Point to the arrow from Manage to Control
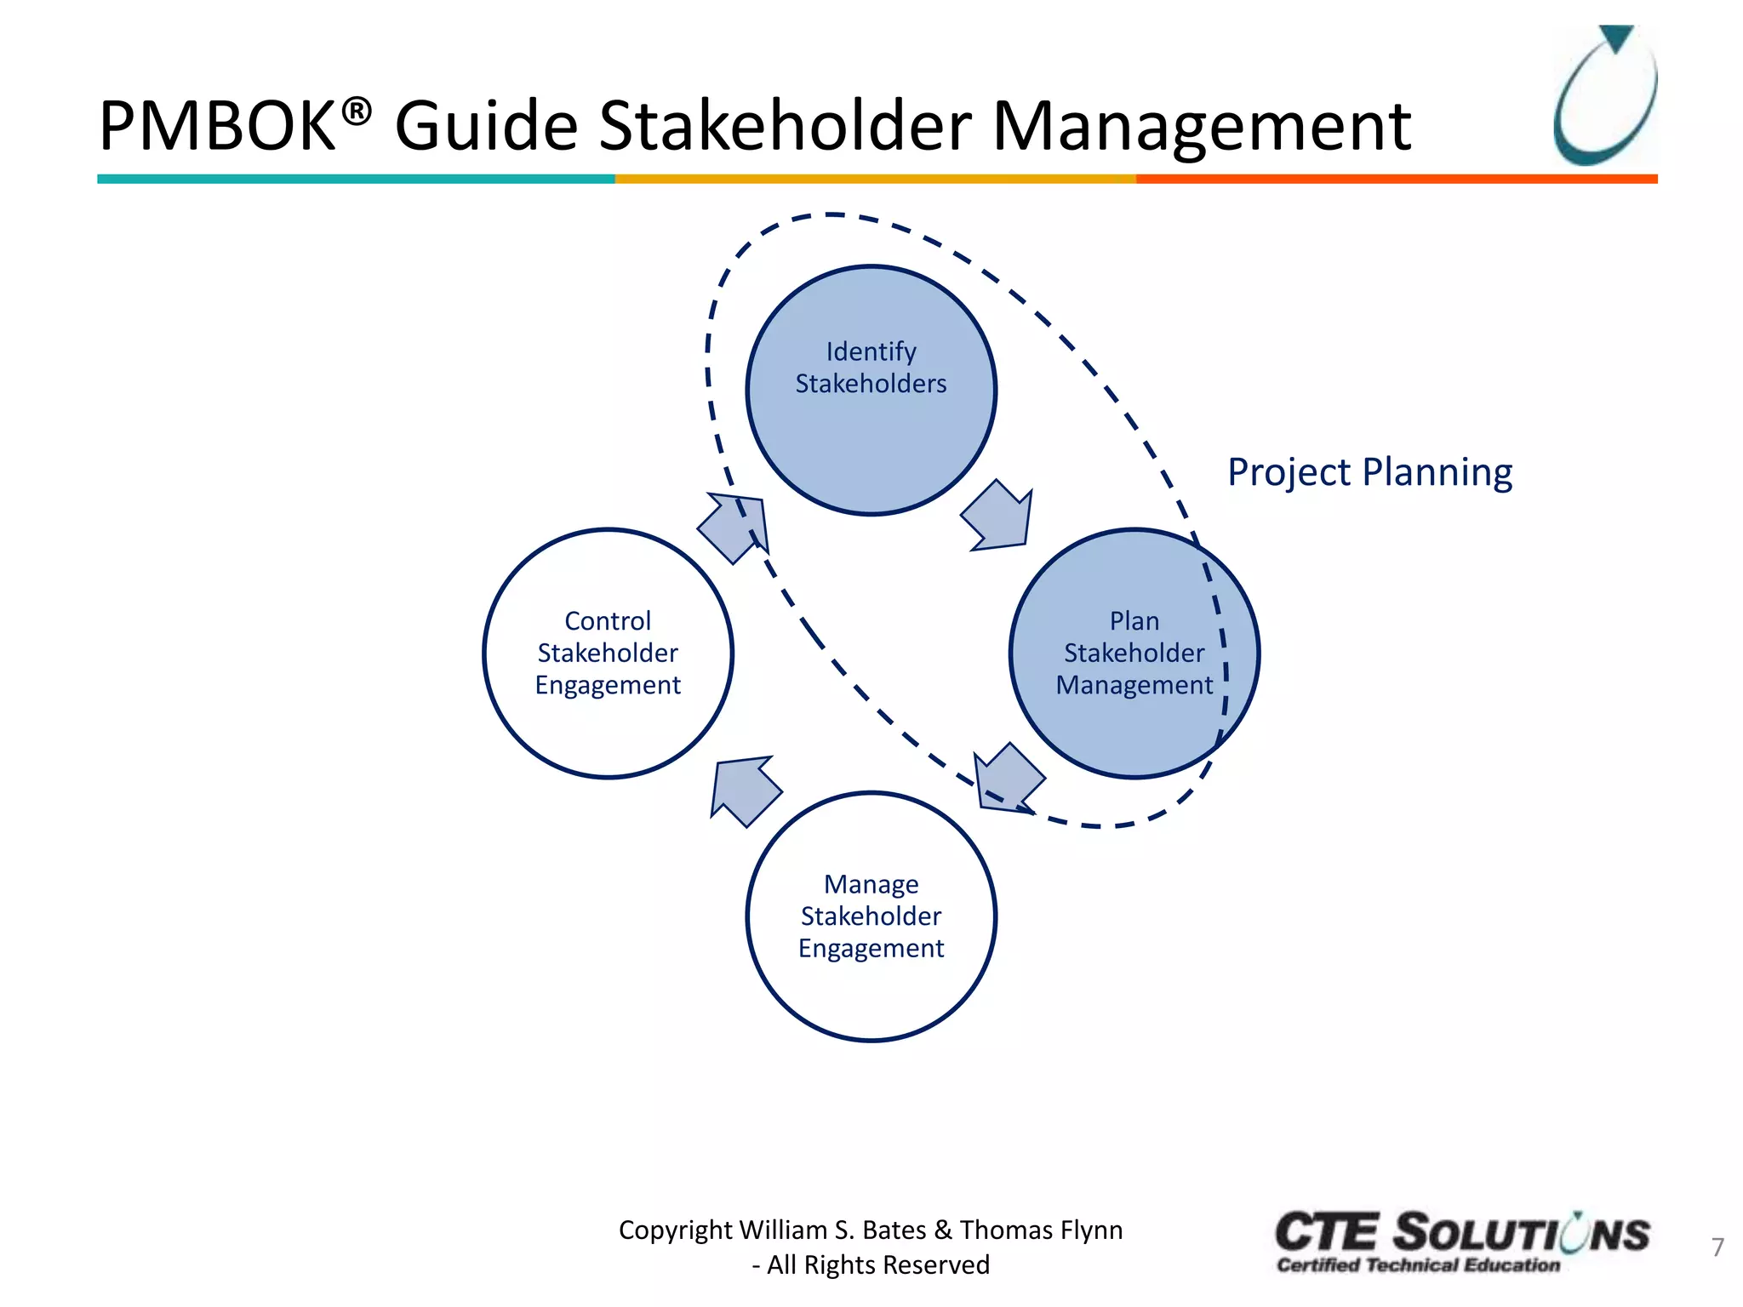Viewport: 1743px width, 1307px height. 743,789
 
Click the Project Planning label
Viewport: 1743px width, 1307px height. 1369,472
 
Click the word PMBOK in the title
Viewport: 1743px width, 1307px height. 218,126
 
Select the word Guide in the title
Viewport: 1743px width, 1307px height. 486,126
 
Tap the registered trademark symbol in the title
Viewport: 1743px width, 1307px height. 357,111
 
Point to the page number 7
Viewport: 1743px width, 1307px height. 1717,1247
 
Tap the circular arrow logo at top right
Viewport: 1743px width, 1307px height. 1605,95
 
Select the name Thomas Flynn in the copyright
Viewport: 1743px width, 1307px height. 1041,1230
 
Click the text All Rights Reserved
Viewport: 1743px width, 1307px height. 877,1265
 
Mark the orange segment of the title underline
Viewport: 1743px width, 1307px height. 1396,180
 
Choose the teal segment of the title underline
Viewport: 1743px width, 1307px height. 356,180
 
